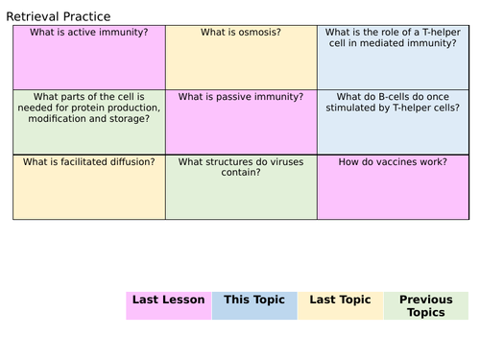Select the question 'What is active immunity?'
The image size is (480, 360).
89,33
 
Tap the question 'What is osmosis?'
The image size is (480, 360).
241,33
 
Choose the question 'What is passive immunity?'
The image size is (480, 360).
241,97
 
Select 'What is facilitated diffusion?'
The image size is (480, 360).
89,161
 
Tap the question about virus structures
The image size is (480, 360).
241,167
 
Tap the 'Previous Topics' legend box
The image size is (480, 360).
426,305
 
